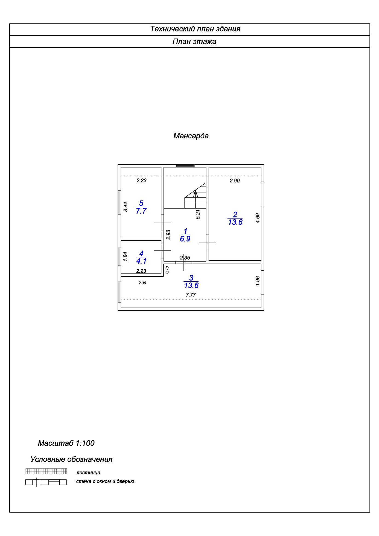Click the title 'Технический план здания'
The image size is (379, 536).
pyautogui.click(x=195, y=29)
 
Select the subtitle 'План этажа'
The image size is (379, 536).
pyautogui.click(x=194, y=42)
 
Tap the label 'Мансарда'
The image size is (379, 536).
pyautogui.click(x=191, y=136)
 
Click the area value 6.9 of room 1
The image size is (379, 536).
pyautogui.click(x=185, y=239)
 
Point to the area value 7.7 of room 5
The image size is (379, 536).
pyautogui.click(x=141, y=211)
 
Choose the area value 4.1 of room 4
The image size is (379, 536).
pyautogui.click(x=141, y=261)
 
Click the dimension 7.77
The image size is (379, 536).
pyautogui.click(x=191, y=295)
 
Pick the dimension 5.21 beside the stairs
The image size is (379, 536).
pyautogui.click(x=198, y=214)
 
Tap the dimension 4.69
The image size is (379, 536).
pyautogui.click(x=258, y=218)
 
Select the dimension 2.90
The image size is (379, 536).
pyautogui.click(x=235, y=180)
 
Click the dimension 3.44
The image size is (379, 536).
pyautogui.click(x=126, y=206)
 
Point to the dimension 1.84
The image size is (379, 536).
pyautogui.click(x=126, y=257)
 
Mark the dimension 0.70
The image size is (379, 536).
pyautogui.click(x=167, y=270)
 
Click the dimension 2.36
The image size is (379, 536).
pyautogui.click(x=142, y=283)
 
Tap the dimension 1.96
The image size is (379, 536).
pyautogui.click(x=258, y=281)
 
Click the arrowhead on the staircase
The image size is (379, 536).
pyautogui.click(x=196, y=192)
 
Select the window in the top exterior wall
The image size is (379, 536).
pyautogui.click(x=185, y=166)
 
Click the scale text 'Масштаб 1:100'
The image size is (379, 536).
pyautogui.click(x=66, y=443)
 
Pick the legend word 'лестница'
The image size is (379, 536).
pyautogui.click(x=88, y=473)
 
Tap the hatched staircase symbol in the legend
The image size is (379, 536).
pyautogui.click(x=46, y=471)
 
